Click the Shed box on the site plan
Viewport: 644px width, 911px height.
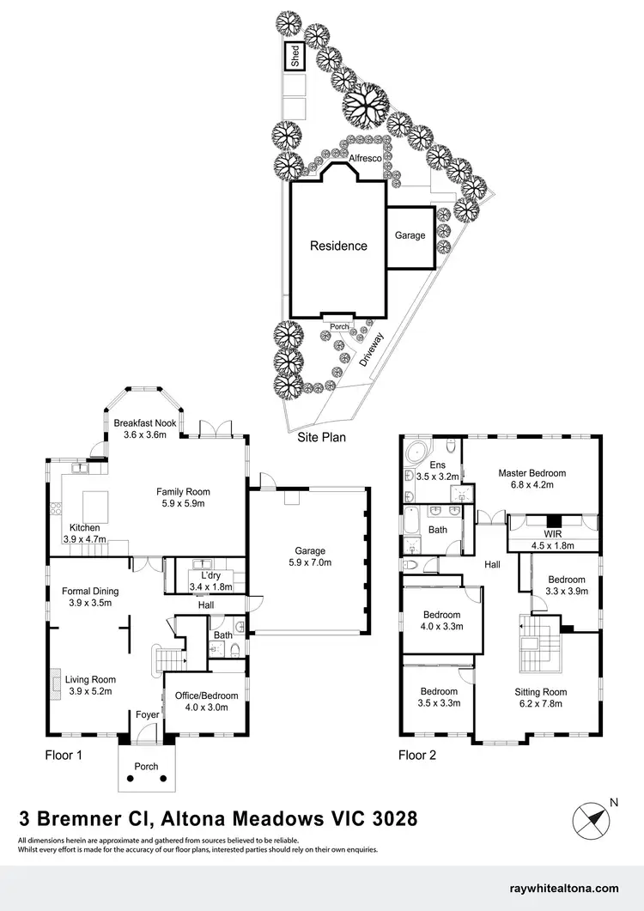(295, 58)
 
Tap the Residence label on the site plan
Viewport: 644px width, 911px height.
(338, 246)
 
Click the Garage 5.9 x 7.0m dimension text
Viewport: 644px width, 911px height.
(311, 562)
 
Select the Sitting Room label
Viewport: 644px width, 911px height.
(540, 691)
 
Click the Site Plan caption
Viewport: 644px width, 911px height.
(321, 437)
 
